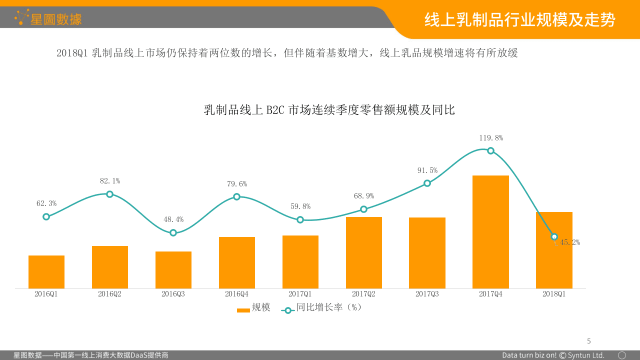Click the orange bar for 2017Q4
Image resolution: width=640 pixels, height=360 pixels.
pos(490,232)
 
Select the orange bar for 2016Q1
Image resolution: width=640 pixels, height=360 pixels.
pos(46,272)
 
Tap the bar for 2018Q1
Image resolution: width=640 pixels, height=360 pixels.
pos(554,250)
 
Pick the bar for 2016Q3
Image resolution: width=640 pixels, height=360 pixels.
pos(173,270)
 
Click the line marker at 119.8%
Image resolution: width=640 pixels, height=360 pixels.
pos(490,151)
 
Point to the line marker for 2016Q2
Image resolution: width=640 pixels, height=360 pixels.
pos(110,194)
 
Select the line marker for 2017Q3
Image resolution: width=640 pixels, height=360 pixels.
pos(427,183)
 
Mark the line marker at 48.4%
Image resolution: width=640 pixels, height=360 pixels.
pos(173,233)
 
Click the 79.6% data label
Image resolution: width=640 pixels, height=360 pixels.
pos(236,184)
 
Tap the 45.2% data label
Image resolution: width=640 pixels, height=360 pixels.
pos(569,242)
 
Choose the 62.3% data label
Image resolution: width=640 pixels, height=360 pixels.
pos(46,203)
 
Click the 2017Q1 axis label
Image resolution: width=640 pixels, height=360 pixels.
pos(300,294)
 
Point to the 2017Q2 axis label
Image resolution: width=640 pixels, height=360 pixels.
pos(363,294)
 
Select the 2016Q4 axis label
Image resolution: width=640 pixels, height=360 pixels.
pos(236,294)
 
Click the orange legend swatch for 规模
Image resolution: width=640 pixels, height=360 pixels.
pos(243,310)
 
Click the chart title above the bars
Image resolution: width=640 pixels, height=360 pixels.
pos(329,110)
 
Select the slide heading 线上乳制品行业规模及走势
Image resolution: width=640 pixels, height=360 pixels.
pos(519,20)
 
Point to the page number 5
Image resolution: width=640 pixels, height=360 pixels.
pos(588,341)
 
